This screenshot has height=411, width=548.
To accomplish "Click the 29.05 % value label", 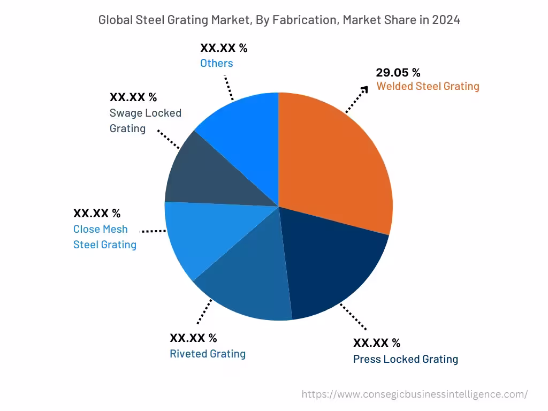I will click(x=398, y=73).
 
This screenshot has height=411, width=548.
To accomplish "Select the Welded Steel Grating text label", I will click(x=428, y=86).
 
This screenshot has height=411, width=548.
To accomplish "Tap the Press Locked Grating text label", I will click(x=405, y=359).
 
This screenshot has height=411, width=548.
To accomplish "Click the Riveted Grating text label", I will click(x=208, y=354).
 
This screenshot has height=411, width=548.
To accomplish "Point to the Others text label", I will click(x=217, y=63).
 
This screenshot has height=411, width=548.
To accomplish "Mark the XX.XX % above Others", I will click(x=224, y=48).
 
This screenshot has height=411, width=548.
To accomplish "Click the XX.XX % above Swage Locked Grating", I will click(x=133, y=97).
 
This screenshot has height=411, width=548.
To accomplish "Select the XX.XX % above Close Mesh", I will click(x=97, y=214).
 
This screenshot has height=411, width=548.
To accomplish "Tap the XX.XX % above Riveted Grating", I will click(x=193, y=338).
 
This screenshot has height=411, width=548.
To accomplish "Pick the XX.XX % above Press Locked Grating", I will click(x=376, y=343).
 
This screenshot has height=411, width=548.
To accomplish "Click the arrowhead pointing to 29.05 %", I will click(x=365, y=89).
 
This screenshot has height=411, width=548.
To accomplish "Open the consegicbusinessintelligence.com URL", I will click(x=415, y=394).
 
